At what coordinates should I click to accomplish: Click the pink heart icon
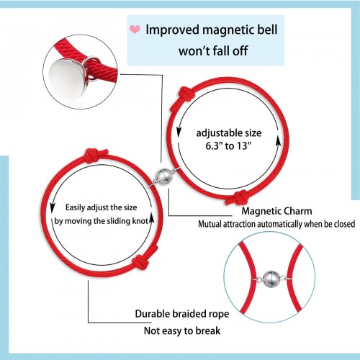tap(135, 30)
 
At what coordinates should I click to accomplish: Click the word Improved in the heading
tap(173, 30)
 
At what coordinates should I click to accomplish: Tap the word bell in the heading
tap(266, 30)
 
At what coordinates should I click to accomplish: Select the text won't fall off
tap(213, 51)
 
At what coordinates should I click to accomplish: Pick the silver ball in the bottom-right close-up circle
tap(271, 279)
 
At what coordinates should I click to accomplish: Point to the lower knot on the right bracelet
tap(238, 198)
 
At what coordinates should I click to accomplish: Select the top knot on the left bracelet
tap(96, 155)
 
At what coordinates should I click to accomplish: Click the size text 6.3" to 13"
tap(228, 145)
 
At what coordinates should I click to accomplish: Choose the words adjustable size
tap(229, 133)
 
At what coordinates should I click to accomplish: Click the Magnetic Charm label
tap(276, 211)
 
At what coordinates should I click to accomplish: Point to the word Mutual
tap(210, 224)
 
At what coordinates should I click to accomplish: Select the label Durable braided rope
tap(182, 314)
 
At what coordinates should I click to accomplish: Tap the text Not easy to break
tap(182, 330)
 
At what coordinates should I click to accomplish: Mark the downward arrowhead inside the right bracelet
tap(179, 132)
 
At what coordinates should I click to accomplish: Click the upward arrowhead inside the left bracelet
tap(151, 219)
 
